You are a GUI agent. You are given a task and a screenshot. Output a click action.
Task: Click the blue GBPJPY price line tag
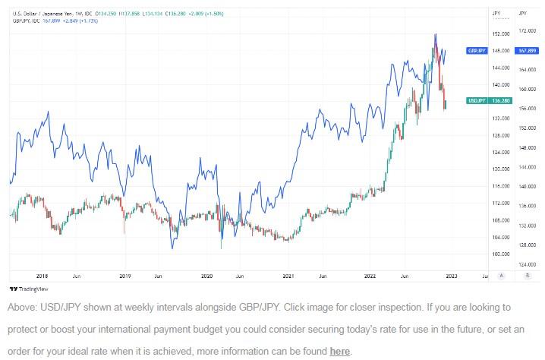(476, 51)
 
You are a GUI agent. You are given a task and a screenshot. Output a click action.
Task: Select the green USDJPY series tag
(476, 100)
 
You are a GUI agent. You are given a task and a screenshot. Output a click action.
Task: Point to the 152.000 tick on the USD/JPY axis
(499, 34)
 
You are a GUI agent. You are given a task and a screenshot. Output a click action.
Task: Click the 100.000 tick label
(499, 254)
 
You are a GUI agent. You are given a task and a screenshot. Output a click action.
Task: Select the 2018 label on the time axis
(42, 276)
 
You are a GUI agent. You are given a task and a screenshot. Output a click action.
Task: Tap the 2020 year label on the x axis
(207, 276)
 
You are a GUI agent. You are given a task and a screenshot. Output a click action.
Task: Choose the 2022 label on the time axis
(370, 276)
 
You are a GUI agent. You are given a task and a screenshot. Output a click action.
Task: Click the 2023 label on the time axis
(452, 276)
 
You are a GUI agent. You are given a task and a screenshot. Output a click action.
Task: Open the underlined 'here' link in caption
(339, 352)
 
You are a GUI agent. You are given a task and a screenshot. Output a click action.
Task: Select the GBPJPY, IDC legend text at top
(29, 21)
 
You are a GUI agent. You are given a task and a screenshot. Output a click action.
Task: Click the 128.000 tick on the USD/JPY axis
(499, 135)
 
